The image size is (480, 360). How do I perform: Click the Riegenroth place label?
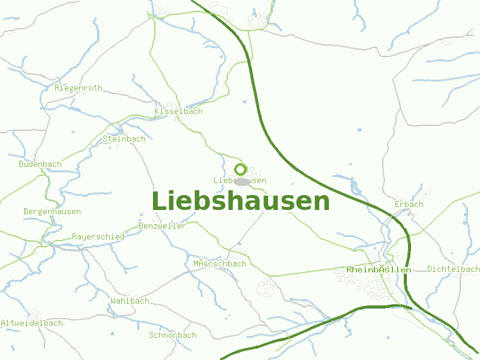78,88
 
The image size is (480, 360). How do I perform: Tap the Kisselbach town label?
178,112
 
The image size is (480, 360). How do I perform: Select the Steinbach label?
124,139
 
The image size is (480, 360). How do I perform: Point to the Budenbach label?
40,164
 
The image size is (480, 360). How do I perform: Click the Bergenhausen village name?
52,212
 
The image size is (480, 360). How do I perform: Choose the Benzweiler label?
162,226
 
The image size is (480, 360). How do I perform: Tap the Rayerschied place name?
98,237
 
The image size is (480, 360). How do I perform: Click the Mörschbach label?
220,264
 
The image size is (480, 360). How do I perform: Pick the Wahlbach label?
130,301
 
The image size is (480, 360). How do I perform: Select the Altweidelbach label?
32,323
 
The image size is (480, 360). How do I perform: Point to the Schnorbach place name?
173,335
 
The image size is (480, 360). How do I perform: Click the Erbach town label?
409,205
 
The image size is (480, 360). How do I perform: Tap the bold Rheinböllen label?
379,270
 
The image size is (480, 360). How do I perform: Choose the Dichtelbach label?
454,269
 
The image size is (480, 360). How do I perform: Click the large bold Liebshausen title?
241,201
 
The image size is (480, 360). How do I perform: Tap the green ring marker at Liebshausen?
241,170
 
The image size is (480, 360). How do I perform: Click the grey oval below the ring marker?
242,182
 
